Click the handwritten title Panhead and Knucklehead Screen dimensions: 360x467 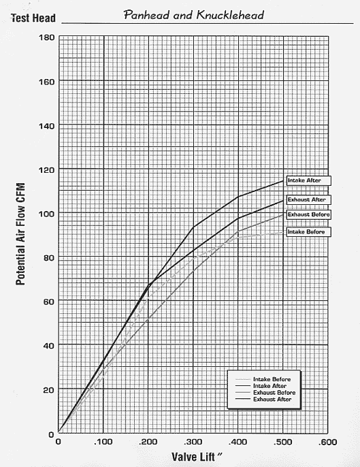pos(194,15)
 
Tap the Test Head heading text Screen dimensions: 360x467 pos(33,18)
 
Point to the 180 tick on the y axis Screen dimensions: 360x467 pos(47,37)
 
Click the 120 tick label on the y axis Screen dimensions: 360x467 pos(47,170)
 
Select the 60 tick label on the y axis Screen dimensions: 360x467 pos(49,302)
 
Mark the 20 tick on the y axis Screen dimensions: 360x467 pos(49,390)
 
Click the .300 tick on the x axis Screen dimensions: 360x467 pos(193,442)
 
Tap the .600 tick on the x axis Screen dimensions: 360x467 pos(327,442)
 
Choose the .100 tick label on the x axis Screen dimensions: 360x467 pos(103,442)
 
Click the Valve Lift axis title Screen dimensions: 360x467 pos(197,457)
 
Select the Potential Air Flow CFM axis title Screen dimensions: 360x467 pos(20,234)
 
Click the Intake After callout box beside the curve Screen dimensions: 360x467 pos(308,180)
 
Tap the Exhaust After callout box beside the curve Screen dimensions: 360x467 pos(308,199)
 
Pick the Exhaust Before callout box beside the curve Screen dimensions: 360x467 pos(308,214)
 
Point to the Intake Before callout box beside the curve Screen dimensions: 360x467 pos(308,231)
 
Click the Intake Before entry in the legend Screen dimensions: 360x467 pos(263,379)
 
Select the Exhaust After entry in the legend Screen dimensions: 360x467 pos(263,399)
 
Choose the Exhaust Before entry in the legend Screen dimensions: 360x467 pos(265,393)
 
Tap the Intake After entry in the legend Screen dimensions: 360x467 pos(261,386)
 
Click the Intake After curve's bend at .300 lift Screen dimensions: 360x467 pos(193,227)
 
